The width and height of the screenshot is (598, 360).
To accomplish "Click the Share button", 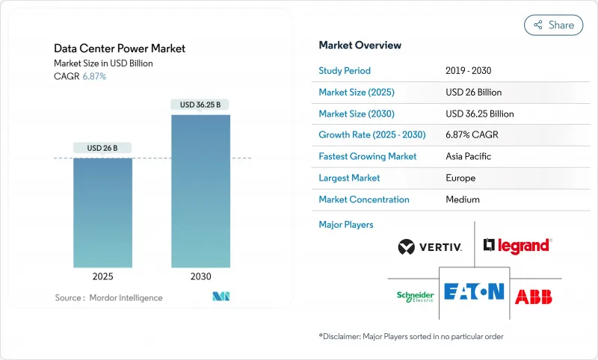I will (x=553, y=25).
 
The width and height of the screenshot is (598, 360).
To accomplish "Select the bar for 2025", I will (x=102, y=213).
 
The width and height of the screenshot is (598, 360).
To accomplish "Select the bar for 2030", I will (x=200, y=191).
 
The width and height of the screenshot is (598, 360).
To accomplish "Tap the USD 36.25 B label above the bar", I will (x=200, y=105).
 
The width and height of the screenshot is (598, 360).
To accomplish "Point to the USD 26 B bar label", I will (x=102, y=148).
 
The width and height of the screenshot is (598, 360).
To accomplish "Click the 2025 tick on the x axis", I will (x=102, y=276).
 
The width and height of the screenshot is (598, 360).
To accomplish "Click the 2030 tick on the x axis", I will (x=200, y=276).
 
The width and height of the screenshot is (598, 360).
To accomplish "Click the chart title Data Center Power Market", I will (x=120, y=49).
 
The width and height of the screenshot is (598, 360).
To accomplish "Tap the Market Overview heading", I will (x=360, y=45).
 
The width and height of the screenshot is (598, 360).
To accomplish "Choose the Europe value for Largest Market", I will (x=460, y=178).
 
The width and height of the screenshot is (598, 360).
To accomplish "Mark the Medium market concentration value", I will (x=462, y=199).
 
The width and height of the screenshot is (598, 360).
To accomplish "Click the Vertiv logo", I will (x=430, y=246).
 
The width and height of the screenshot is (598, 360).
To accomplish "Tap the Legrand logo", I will (x=517, y=245).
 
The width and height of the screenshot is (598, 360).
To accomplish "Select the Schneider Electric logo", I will (x=415, y=297).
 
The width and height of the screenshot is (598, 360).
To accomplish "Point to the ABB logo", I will (x=534, y=296).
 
